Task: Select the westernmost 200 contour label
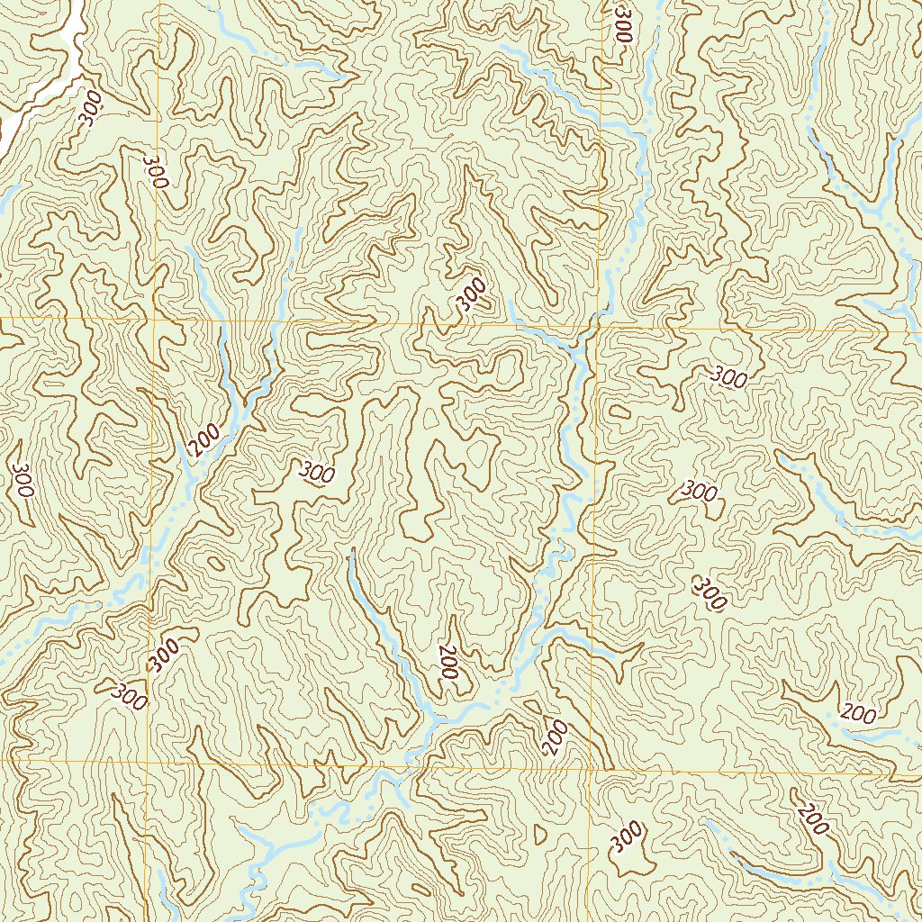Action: [206, 438]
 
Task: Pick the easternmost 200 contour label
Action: [858, 714]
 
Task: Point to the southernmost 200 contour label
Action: [814, 819]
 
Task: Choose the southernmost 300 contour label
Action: [628, 836]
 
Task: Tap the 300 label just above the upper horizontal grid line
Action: [471, 294]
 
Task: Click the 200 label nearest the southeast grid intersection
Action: [556, 737]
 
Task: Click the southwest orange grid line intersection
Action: [147, 761]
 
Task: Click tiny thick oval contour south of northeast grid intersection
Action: [619, 412]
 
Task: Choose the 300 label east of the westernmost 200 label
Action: [317, 471]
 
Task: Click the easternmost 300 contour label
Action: [729, 377]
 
